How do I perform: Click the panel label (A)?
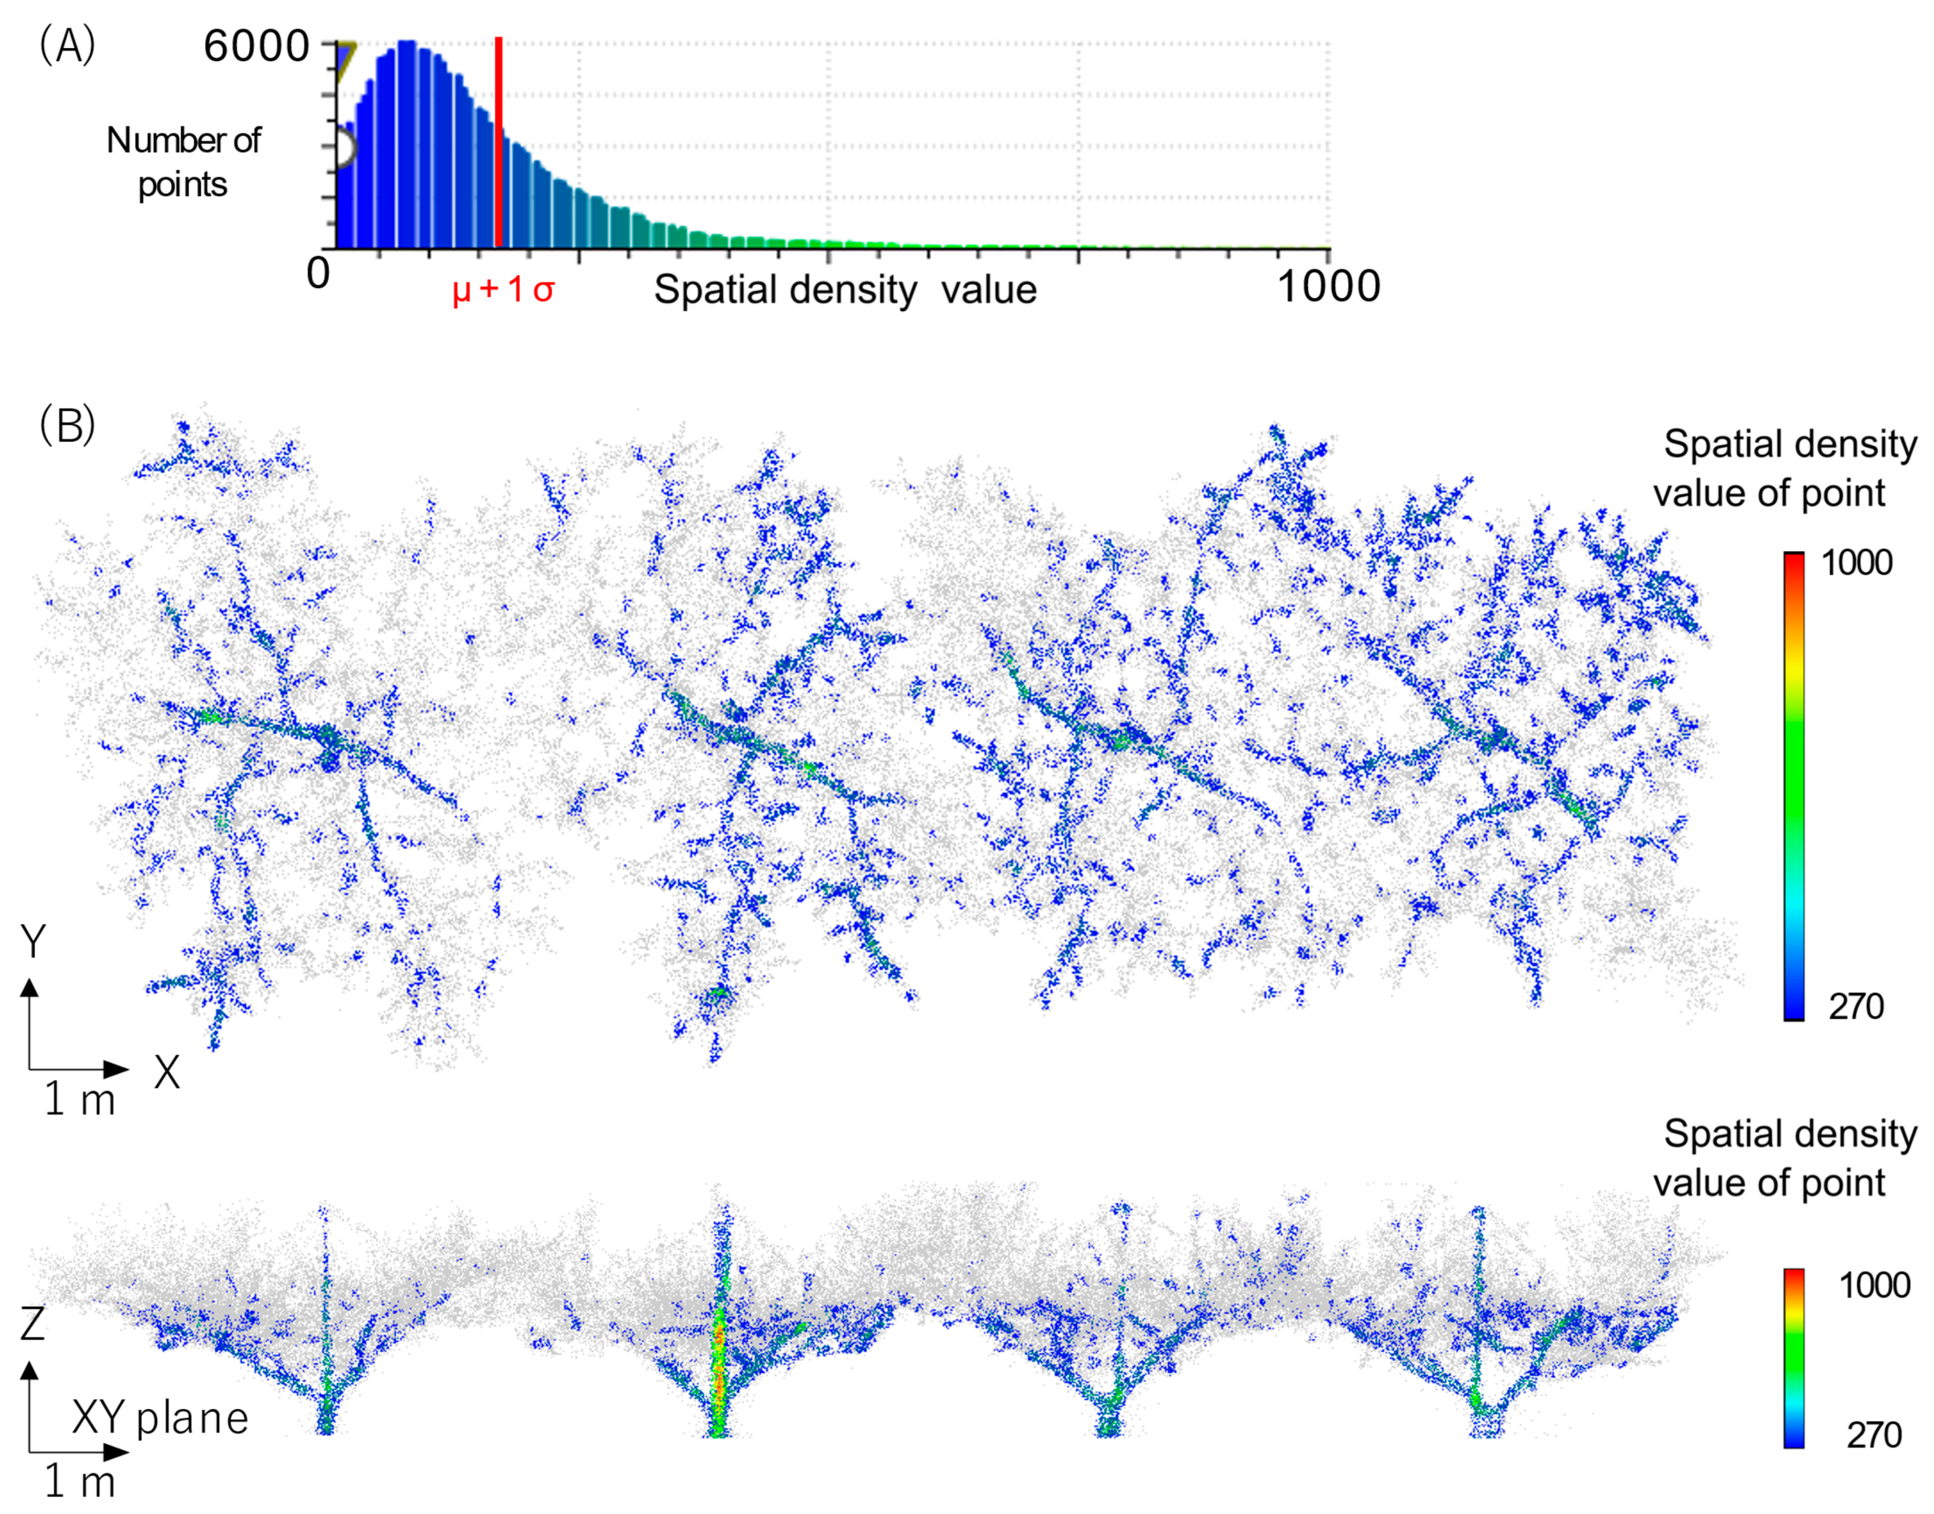tap(67, 46)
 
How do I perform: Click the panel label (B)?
tap(67, 426)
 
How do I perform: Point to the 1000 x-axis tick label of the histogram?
tap(1328, 286)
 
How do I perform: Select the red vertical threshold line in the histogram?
tap(499, 142)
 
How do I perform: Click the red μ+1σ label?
tap(503, 290)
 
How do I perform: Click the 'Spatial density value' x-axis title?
tap(845, 290)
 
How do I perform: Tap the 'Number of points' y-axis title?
tap(183, 162)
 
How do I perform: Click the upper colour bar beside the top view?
tap(1793, 786)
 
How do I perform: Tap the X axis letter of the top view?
tap(167, 1074)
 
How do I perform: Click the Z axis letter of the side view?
tap(33, 1324)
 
